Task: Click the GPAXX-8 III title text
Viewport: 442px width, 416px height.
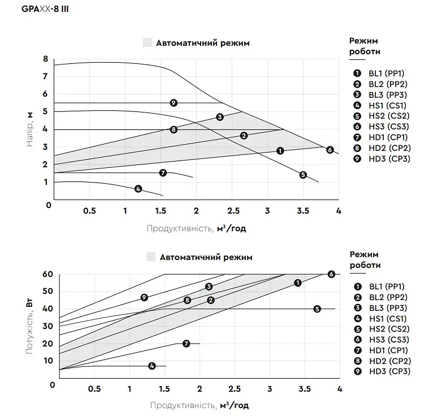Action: tap(45, 9)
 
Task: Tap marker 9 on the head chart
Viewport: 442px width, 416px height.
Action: tap(174, 103)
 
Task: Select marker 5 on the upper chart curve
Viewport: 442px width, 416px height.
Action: tap(303, 175)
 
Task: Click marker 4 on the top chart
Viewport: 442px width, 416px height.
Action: tap(138, 189)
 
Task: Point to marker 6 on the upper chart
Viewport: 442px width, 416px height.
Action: tap(330, 150)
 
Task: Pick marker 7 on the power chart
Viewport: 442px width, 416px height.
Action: tap(187, 344)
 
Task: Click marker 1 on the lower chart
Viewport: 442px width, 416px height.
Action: tap(298, 283)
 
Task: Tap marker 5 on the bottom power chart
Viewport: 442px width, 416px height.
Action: tap(317, 309)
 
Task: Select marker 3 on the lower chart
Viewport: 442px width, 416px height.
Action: tap(209, 287)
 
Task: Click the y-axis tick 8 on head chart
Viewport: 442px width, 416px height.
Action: tap(46, 59)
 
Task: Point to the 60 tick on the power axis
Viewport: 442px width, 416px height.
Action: tap(47, 274)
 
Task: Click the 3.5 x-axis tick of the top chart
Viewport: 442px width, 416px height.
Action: tap(303, 211)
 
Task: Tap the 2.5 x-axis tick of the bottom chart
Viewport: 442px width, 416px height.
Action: tap(235, 389)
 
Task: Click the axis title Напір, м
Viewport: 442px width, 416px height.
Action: tap(29, 129)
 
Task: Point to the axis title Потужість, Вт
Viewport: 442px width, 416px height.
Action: tap(29, 326)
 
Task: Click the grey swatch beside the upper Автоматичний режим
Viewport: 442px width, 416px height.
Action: tap(148, 42)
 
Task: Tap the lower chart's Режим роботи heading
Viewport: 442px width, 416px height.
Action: tap(365, 260)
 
